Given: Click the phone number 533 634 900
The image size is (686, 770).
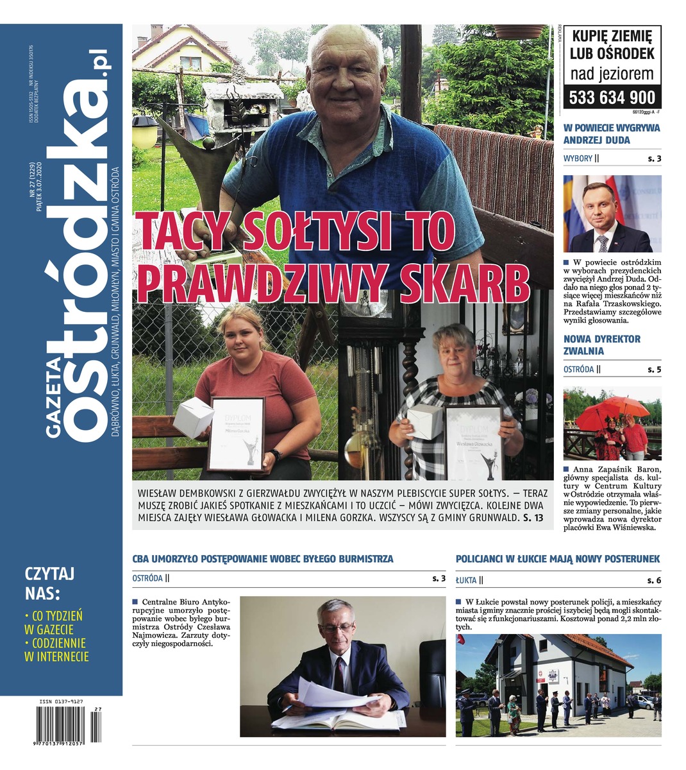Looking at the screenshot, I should (613, 97).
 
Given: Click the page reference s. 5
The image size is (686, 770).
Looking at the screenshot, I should (653, 370).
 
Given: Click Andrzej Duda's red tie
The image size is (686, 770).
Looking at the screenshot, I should (603, 243).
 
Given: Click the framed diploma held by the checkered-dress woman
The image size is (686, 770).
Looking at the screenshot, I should (474, 443).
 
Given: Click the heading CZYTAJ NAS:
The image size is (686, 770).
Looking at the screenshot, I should (50, 581).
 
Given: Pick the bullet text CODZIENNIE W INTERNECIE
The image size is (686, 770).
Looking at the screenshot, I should (56, 649).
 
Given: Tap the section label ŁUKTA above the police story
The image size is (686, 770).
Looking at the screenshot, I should (466, 580).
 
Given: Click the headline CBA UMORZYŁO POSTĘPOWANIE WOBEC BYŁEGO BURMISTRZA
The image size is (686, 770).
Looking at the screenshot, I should (263, 559).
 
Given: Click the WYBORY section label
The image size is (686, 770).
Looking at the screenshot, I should (578, 158).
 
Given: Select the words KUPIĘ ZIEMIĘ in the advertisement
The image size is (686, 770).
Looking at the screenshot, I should (612, 37).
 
